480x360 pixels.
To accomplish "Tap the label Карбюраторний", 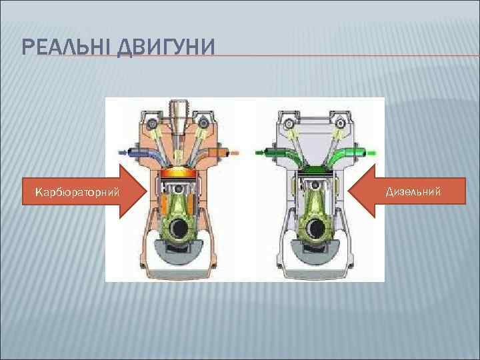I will tap(78, 193).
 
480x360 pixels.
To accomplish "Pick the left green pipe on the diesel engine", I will tap(278, 153).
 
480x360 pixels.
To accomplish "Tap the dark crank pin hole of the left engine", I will tap(178, 229).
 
